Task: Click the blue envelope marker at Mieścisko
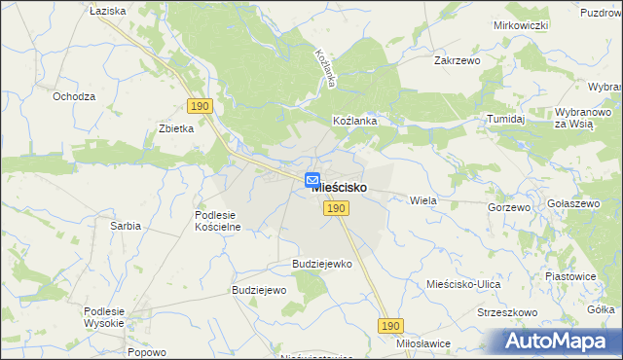pos(312,180)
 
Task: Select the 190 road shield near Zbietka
pos(199,106)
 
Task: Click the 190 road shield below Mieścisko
pos(337,208)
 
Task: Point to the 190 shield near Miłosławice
pos(390,327)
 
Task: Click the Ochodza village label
pos(74,96)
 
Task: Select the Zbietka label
pos(176,128)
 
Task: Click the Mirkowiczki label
pos(521,25)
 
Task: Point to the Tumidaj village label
pos(506,119)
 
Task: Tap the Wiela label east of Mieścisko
pos(422,199)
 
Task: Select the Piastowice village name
pos(570,276)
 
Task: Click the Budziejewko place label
pos(321,264)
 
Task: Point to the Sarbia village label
pos(126,226)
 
